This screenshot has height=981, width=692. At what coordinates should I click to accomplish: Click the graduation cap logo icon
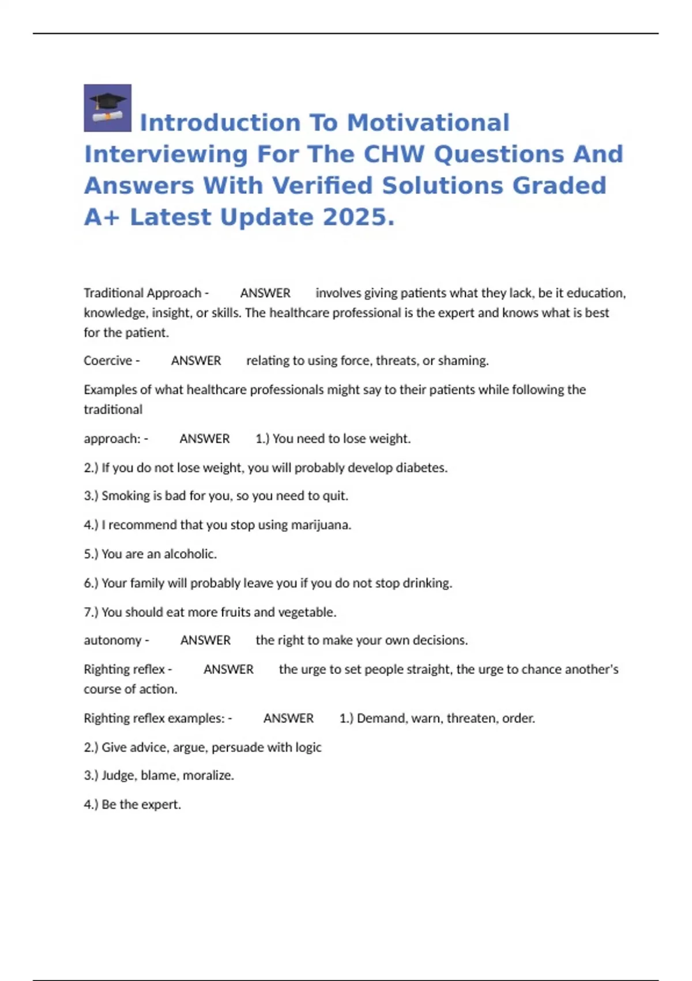coord(107,108)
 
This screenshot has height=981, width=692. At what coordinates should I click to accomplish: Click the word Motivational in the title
coord(428,123)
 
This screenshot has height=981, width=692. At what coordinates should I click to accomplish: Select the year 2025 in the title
coord(354,218)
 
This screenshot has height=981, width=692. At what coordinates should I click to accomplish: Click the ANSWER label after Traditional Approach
coord(265,293)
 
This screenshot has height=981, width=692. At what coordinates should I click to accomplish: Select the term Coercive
coord(108,361)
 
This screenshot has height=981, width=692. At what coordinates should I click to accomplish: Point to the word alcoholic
coord(190,554)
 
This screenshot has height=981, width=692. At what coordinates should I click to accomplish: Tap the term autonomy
coord(112,640)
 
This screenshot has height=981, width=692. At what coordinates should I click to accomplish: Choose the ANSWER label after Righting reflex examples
coord(288,718)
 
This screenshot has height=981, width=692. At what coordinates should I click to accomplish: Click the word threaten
coord(472,718)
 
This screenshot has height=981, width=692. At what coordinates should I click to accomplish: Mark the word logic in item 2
coord(308,747)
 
